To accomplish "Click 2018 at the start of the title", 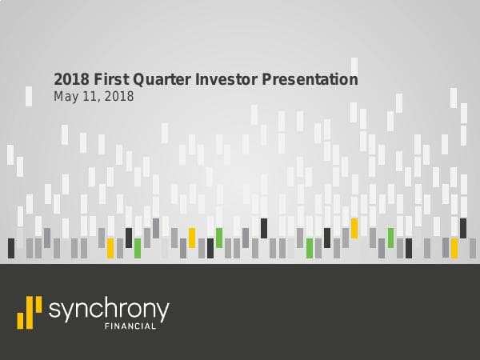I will (x=68, y=80).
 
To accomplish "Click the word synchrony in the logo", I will (x=108, y=310).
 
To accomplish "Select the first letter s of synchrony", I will (x=54, y=310).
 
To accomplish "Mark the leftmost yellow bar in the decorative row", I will (x=110, y=248).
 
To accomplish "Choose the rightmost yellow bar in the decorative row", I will (x=454, y=248).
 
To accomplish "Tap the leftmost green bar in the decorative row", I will (x=138, y=248).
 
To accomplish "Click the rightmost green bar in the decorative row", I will (x=391, y=238).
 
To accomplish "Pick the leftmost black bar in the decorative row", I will (x=11, y=248).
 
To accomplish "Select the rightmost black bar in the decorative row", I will (x=462, y=228).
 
